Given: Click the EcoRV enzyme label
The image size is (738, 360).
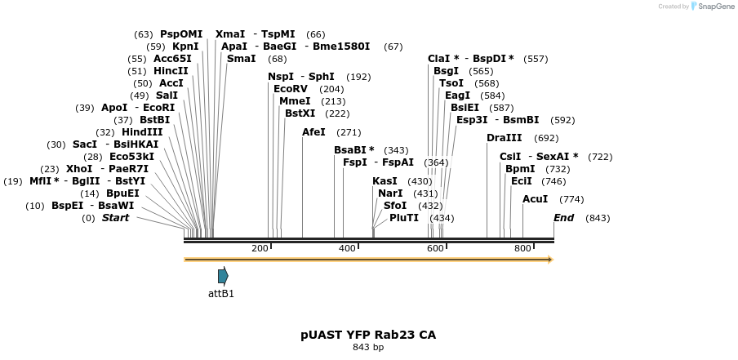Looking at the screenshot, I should (x=291, y=89).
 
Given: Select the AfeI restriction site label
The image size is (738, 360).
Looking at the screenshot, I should (x=313, y=131).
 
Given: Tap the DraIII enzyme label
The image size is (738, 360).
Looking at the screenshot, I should (x=504, y=138).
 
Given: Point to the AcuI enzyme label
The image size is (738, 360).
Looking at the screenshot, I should (x=535, y=199).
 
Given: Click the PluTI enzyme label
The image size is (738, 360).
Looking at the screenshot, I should (x=404, y=218).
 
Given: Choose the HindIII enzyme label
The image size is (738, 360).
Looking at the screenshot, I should (x=142, y=132).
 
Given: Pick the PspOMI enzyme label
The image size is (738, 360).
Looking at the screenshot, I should (x=181, y=34).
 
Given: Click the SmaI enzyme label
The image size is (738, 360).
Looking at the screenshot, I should (x=241, y=59).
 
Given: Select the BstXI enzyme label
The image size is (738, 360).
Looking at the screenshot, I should (x=300, y=113).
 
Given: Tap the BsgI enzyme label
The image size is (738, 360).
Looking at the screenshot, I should (x=446, y=71).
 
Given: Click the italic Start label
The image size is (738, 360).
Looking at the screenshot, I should (x=115, y=218).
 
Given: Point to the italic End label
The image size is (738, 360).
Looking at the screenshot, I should (x=563, y=218).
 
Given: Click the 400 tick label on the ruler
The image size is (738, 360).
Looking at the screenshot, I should (x=347, y=248).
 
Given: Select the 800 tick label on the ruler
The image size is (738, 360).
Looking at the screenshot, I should (x=522, y=248).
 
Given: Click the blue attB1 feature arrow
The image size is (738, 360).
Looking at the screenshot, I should (x=223, y=276).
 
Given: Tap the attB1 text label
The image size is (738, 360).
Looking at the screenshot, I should (x=221, y=294).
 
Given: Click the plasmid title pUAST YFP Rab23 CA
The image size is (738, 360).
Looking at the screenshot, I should (x=368, y=335).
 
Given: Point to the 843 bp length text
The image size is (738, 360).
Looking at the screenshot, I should (x=368, y=347).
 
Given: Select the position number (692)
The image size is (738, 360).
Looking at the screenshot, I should (x=546, y=138).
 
